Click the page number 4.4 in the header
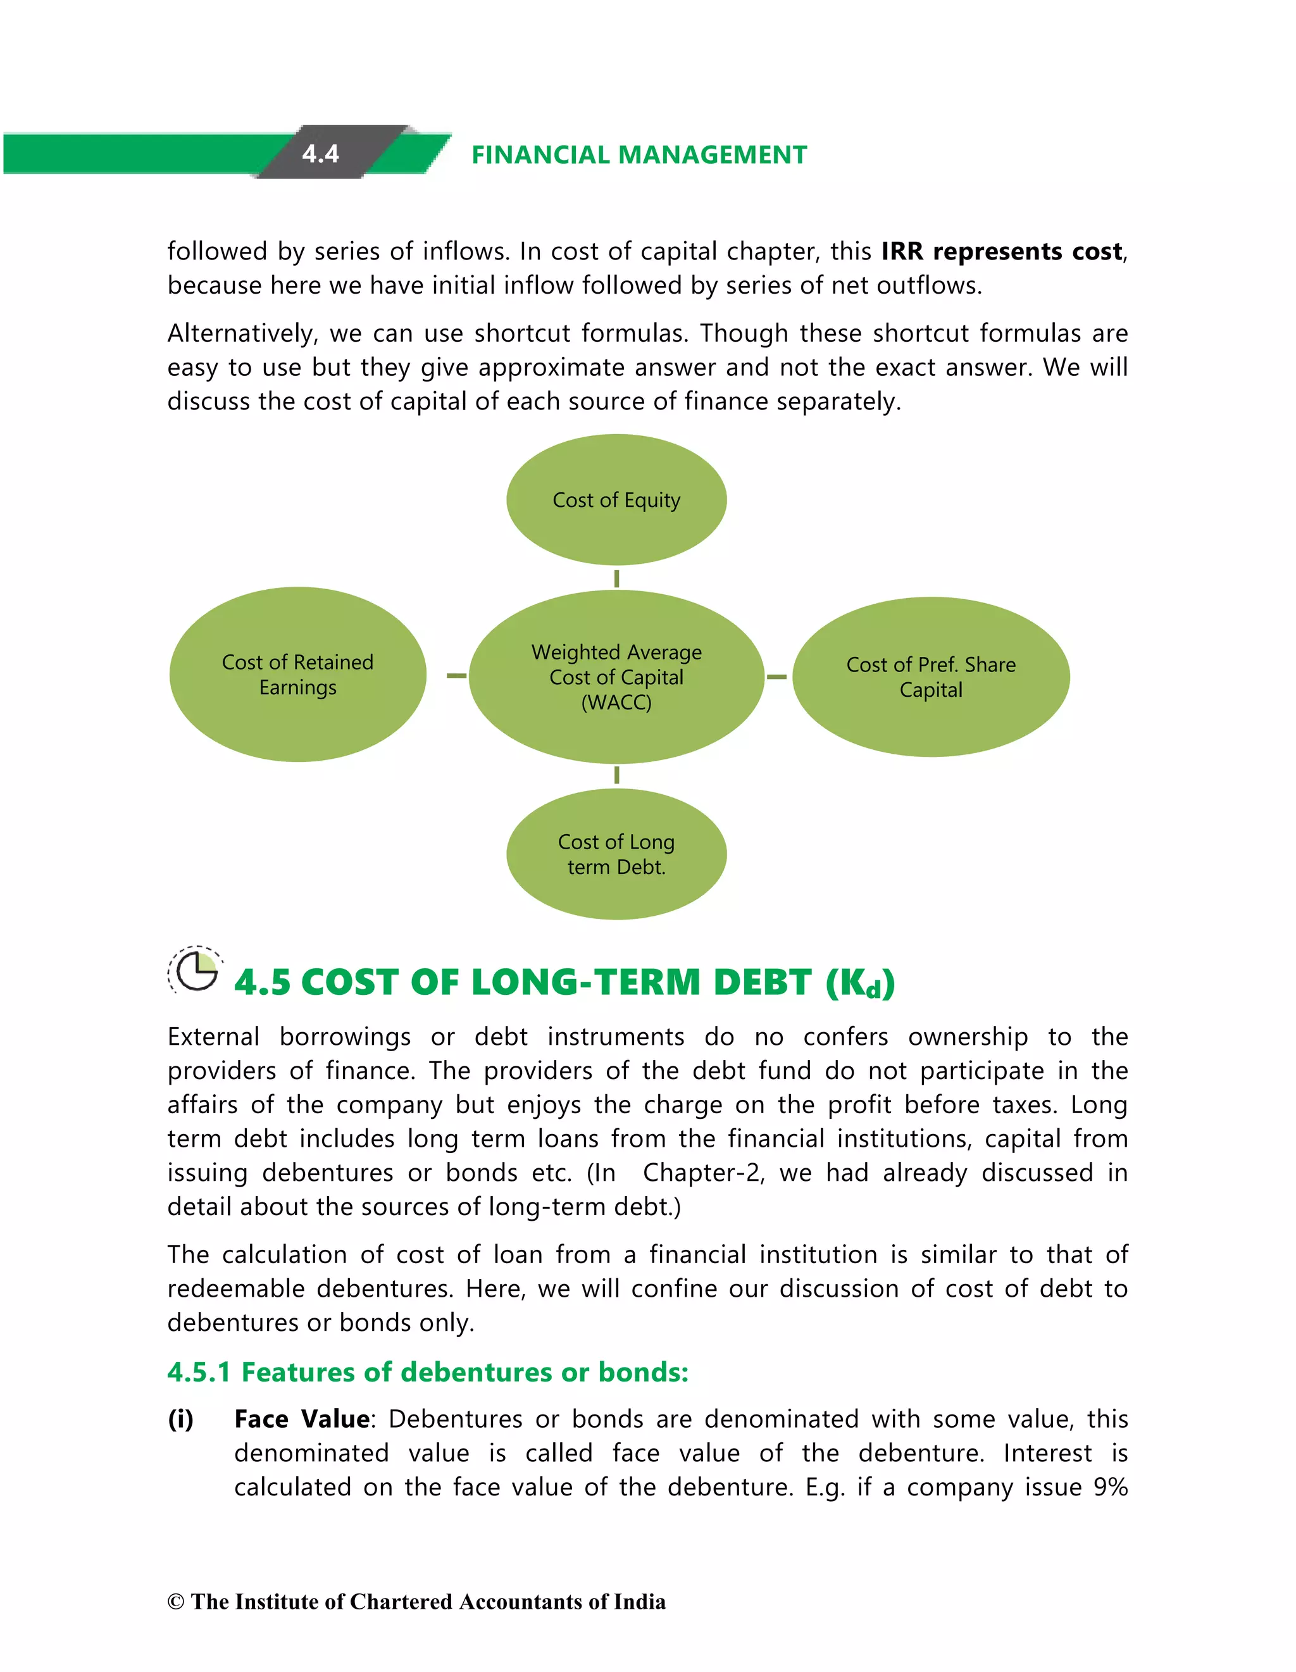pos(320,153)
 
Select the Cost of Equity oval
pos(616,500)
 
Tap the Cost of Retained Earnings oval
pos(298,675)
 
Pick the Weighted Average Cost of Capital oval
pos(616,677)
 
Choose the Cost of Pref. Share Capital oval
pos(931,677)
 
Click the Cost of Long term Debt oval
pos(616,854)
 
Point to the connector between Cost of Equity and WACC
pos(616,578)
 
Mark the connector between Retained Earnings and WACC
pos(456,675)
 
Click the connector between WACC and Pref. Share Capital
pos(776,677)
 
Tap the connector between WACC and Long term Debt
pos(616,775)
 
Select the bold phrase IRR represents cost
pos(1001,251)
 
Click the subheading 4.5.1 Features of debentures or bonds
pos(428,1372)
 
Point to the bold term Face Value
pos(302,1419)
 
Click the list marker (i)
pos(180,1419)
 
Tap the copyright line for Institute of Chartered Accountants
pos(416,1602)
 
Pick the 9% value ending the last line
pos(1110,1487)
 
